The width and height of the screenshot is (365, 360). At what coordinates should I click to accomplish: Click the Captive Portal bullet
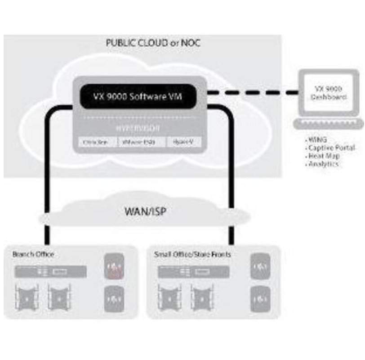point(332,148)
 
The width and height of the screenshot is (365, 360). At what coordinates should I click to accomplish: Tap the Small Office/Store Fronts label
point(192,255)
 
